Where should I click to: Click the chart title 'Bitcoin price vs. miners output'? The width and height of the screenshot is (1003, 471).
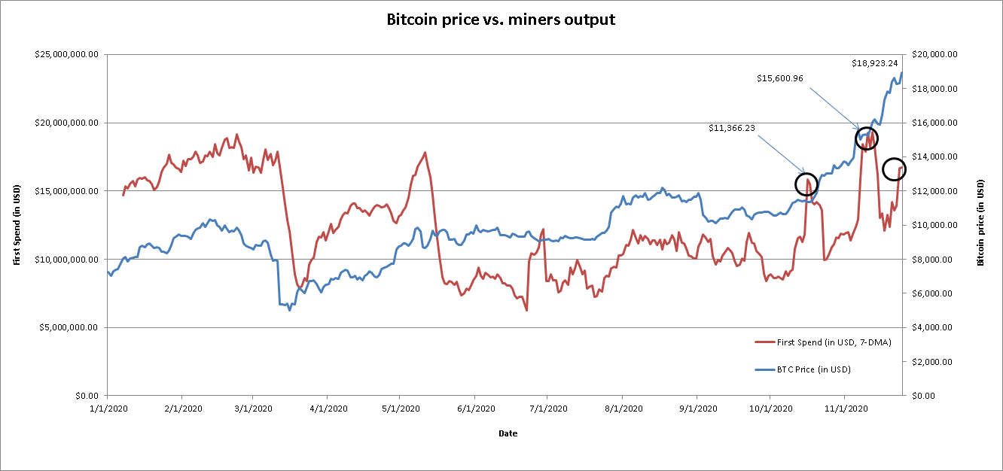tap(501, 20)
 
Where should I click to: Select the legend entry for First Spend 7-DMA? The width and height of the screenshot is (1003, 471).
tap(823, 342)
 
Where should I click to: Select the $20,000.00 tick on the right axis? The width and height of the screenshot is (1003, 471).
tap(934, 55)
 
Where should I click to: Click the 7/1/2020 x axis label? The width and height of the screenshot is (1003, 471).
tap(548, 409)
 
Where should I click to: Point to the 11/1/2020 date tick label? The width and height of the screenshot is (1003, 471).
tap(844, 409)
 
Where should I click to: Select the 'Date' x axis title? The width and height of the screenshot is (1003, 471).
tap(508, 434)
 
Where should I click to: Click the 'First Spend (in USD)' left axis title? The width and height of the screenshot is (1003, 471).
tap(17, 225)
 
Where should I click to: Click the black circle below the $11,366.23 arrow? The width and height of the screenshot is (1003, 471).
tap(806, 184)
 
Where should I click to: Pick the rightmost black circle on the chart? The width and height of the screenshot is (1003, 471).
tap(894, 169)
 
